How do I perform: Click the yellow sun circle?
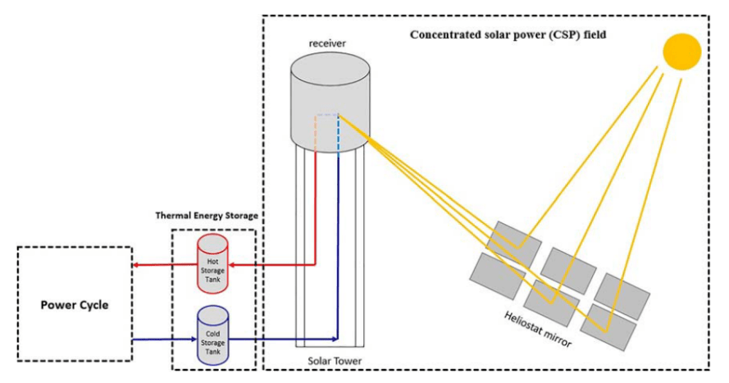[x=682, y=51]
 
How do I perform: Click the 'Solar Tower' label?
[x=335, y=360]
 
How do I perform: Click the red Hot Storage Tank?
[x=213, y=264]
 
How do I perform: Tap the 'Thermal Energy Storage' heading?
[x=207, y=216]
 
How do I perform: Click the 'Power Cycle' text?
[x=75, y=305]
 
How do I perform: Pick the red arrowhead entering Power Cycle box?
[x=137, y=265]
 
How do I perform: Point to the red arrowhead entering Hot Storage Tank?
[x=233, y=265]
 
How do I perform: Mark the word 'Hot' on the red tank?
[x=213, y=260]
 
